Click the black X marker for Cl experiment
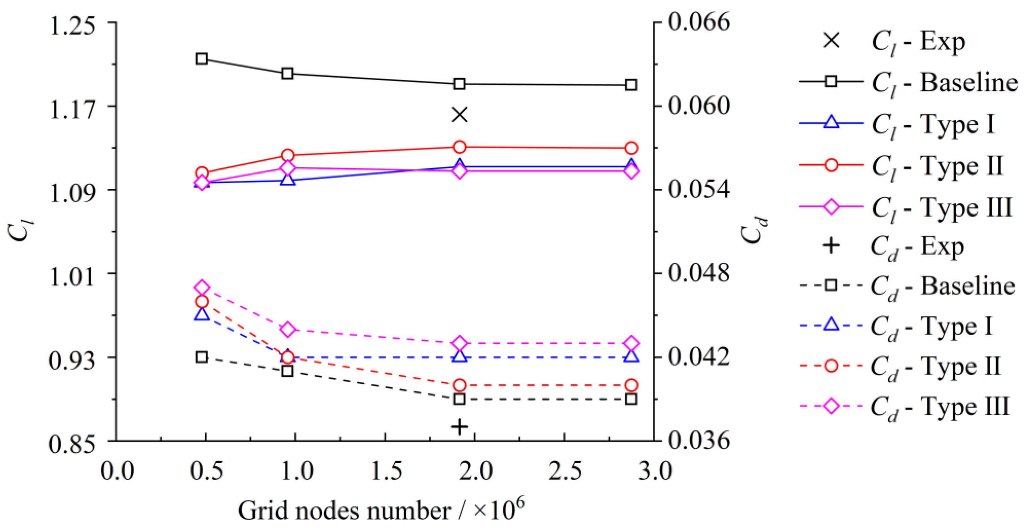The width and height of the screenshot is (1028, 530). tap(459, 115)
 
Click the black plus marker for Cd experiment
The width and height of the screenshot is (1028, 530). tap(459, 427)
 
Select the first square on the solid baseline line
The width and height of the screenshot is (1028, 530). tap(202, 59)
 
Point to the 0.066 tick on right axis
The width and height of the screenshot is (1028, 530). tap(699, 22)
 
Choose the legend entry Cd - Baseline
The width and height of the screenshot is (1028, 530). tap(906, 286)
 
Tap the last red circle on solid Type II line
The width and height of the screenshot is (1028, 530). tap(631, 148)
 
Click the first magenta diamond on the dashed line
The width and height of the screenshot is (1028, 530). tap(202, 287)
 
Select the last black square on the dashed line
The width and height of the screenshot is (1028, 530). tap(631, 399)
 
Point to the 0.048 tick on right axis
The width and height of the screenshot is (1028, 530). tap(699, 274)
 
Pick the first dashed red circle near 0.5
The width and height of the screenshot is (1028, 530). tap(202, 301)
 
